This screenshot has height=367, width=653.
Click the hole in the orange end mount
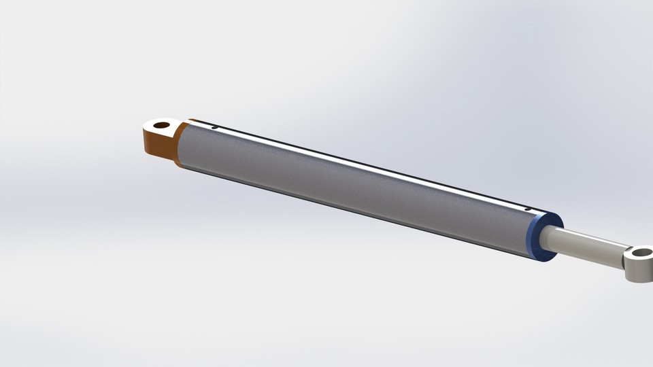[161, 125]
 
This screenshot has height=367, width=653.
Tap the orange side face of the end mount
[158, 146]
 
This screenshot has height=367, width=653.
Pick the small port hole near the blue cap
[528, 209]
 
